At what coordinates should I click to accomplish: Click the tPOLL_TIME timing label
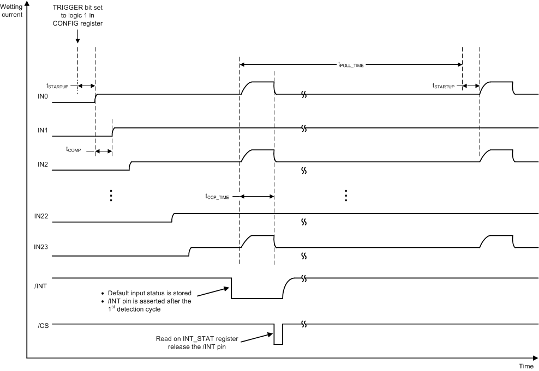coord(351,65)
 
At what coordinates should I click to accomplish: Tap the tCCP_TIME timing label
coord(218,197)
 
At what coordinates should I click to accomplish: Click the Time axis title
coord(526,366)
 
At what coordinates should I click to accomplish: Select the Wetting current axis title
coord(11,10)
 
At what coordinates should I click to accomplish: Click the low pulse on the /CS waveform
coord(278,337)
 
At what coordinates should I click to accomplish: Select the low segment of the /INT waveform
coord(256,297)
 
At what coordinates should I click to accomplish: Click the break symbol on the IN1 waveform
coord(304,128)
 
